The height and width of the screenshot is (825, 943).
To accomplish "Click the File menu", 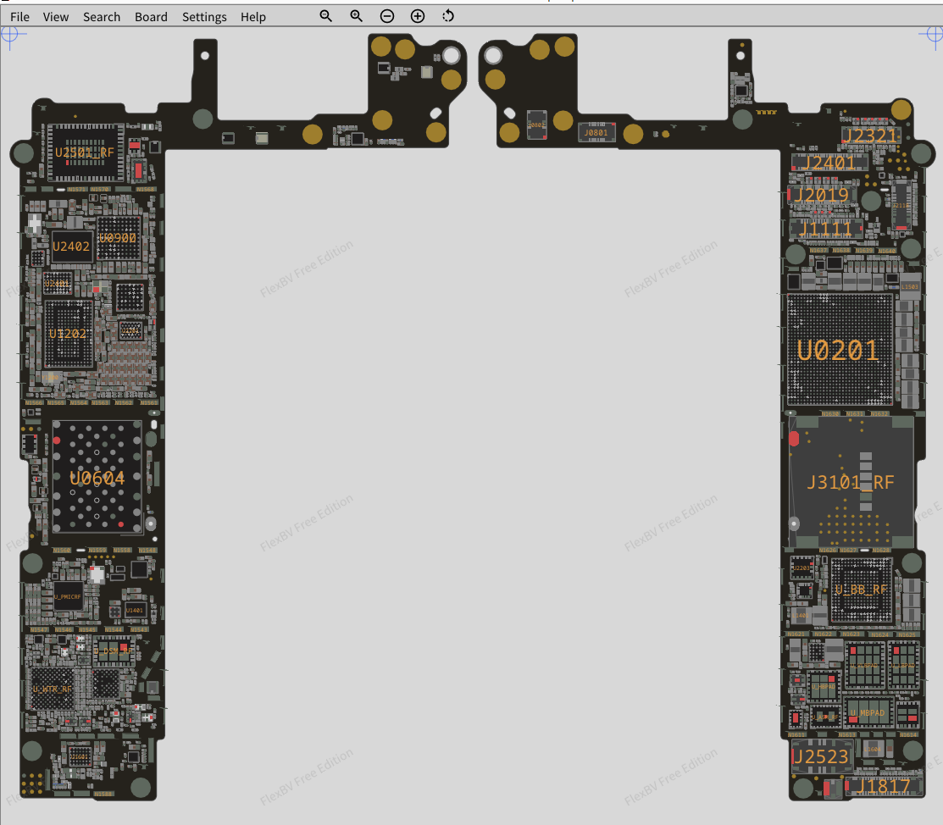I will pyautogui.click(x=19, y=17).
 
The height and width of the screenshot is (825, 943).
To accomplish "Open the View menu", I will pyautogui.click(x=56, y=17).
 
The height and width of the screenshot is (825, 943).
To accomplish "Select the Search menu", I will pyautogui.click(x=102, y=17).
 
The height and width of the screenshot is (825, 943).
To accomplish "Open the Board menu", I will pyautogui.click(x=151, y=17).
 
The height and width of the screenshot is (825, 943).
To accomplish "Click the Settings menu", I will pyautogui.click(x=204, y=17).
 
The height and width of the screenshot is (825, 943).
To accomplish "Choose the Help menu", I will pyautogui.click(x=252, y=17).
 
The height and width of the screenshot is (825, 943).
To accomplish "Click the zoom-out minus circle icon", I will pyautogui.click(x=387, y=16).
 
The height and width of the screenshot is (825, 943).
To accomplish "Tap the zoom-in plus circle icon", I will pyautogui.click(x=418, y=16).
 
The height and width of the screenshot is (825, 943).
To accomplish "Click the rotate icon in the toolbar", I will pyautogui.click(x=448, y=16).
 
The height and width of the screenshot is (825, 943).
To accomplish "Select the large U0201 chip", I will pyautogui.click(x=838, y=350).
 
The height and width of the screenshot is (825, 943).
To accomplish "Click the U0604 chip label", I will pyautogui.click(x=97, y=479).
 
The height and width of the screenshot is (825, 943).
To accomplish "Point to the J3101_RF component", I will pyautogui.click(x=850, y=483).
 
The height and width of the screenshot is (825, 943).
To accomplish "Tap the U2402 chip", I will pyautogui.click(x=71, y=246).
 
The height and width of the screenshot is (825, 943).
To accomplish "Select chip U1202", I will pyautogui.click(x=68, y=334).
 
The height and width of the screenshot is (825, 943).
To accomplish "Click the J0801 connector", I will pyautogui.click(x=596, y=132).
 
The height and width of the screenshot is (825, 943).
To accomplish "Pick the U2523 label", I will pyautogui.click(x=819, y=756).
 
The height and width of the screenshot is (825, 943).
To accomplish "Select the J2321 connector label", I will pyautogui.click(x=869, y=136).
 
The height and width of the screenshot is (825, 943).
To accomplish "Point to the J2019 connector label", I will pyautogui.click(x=821, y=196).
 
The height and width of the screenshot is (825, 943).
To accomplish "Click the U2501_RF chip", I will pyautogui.click(x=84, y=152).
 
